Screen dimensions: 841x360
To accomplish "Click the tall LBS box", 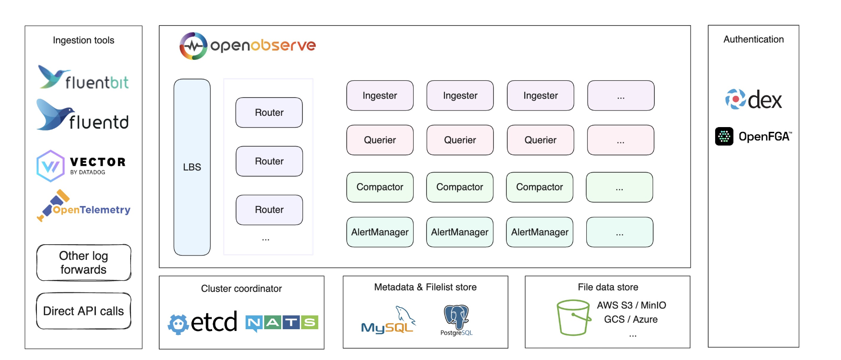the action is (192, 167).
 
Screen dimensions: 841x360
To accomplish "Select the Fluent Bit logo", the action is (83, 77).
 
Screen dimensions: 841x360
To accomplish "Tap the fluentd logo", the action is (83, 115).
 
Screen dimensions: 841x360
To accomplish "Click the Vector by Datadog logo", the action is (81, 166).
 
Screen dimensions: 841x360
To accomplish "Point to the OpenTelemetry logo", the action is (84, 206).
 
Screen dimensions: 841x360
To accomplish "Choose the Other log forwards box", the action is (84, 262).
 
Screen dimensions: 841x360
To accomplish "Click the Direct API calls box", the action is (84, 311).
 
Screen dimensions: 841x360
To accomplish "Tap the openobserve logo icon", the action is (194, 46).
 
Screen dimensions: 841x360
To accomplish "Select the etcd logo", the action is (203, 322).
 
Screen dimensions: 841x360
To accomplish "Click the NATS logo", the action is (282, 323).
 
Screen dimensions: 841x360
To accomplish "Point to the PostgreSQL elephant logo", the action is (457, 320).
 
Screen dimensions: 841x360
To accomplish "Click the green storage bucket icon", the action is (574, 317).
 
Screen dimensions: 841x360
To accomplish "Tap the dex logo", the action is (754, 99).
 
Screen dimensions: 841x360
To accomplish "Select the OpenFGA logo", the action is (754, 136).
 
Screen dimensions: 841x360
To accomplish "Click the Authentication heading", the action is (754, 39).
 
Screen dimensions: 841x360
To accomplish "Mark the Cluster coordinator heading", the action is (241, 288).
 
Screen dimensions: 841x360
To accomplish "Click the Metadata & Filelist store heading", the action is (425, 287).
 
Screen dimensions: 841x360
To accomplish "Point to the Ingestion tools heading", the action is (84, 40).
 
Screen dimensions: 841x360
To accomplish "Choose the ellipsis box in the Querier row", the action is (621, 140).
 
